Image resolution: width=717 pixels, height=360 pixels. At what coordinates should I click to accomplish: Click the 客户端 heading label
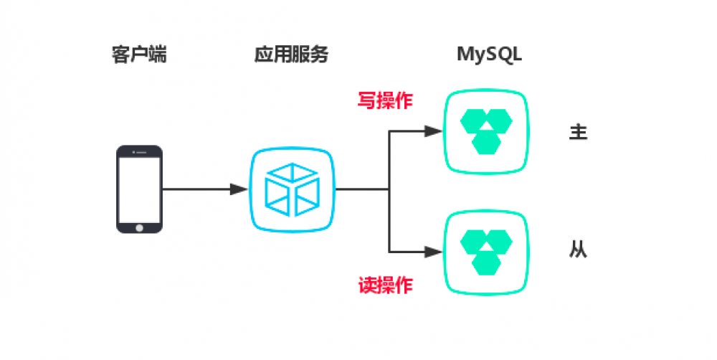pos(139,55)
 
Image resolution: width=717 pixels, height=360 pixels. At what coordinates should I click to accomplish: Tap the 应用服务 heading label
pos(290,55)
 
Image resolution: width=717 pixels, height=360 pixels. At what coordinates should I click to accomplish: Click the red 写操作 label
pos(385,100)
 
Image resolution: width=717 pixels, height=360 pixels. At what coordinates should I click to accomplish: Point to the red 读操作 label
pos(385,285)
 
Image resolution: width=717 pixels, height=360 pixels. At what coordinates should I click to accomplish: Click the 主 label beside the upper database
pos(578,133)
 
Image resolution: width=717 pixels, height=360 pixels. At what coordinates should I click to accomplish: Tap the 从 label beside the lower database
pos(578,251)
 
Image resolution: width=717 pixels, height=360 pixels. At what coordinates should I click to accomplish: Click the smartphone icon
pos(139,189)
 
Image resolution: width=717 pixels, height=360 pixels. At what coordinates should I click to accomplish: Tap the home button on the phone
pos(139,227)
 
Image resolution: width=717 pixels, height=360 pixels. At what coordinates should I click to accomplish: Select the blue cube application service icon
pos(292,190)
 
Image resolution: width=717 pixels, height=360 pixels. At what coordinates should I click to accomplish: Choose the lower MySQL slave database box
pos(488,252)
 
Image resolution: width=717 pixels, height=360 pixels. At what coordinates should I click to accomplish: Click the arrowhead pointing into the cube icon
pos(239,189)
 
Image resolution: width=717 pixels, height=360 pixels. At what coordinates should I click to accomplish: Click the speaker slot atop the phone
pos(139,151)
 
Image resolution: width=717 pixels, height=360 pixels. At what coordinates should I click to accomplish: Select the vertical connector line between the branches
pos(389,191)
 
